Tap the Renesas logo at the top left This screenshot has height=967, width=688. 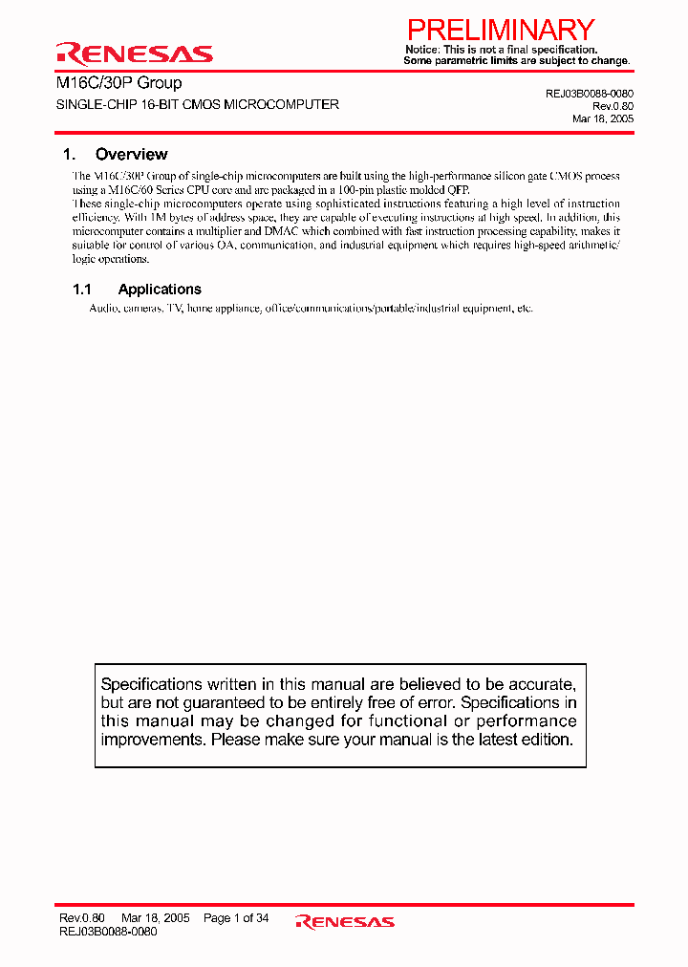134,53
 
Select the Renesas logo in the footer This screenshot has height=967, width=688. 345,921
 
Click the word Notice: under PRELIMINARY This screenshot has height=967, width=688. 422,50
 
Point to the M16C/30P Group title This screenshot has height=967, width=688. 118,83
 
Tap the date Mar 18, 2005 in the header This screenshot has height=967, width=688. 602,118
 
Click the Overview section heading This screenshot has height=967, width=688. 131,154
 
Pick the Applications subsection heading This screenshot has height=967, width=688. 160,290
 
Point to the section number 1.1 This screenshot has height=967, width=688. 82,290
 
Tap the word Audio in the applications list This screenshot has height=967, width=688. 104,309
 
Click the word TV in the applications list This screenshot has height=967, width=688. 173,309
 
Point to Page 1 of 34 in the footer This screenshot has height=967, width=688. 236,918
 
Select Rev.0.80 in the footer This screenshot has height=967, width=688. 81,918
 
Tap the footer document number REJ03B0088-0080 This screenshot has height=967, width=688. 108,931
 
